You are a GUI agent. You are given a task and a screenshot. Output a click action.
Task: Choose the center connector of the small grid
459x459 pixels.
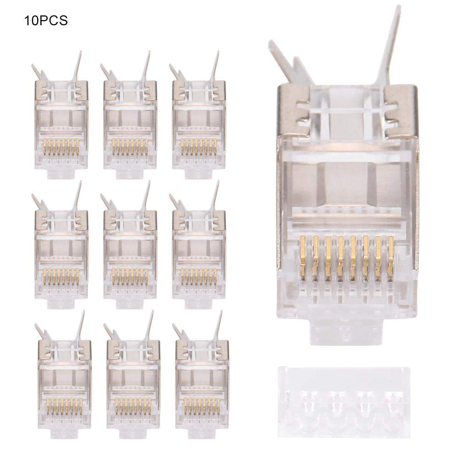[x=130, y=252]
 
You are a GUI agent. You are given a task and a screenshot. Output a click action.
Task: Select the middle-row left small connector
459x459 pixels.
[x=61, y=252]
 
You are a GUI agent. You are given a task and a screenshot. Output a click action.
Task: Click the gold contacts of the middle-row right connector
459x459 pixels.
[x=199, y=276]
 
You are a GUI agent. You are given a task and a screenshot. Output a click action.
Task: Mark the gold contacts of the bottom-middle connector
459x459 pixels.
[x=133, y=406]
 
